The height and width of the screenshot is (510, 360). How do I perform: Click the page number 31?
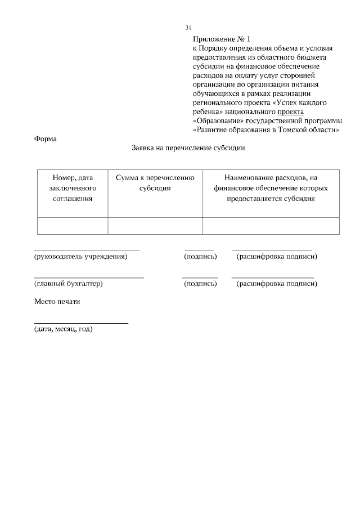[x=188, y=28]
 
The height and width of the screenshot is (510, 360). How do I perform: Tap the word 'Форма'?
[x=46, y=138]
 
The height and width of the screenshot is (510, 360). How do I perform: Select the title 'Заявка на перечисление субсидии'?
[x=188, y=149]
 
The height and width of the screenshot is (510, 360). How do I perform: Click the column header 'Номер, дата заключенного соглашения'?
[x=73, y=188]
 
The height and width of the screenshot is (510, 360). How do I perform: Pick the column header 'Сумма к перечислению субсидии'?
[x=155, y=183]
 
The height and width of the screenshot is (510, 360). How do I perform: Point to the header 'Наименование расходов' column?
[x=271, y=188]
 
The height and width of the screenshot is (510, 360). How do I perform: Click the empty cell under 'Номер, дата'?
[x=73, y=226]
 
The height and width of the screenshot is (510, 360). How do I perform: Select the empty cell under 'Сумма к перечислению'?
[x=155, y=226]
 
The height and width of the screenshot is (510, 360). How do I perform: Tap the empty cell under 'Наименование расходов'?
[x=271, y=226]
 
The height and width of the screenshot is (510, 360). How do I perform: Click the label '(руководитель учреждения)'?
[x=81, y=257]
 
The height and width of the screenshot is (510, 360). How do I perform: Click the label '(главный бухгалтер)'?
[x=69, y=284]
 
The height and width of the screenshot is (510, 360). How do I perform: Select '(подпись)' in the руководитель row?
[x=200, y=257]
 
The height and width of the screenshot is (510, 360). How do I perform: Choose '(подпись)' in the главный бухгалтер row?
[x=200, y=284]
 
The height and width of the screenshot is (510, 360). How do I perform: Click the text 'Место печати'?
[x=57, y=301]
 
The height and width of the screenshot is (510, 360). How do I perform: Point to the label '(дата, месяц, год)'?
[x=64, y=329]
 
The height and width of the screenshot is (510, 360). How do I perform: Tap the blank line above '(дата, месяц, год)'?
[x=81, y=323]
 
